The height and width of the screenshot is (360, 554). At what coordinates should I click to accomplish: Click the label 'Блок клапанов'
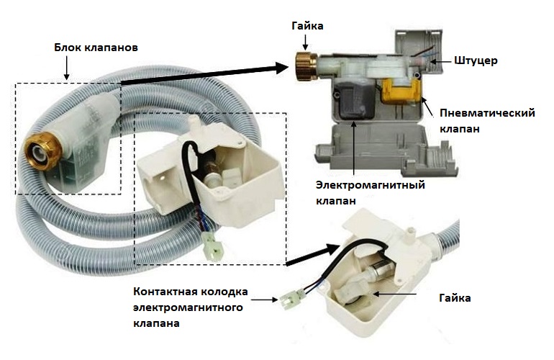point(96,47)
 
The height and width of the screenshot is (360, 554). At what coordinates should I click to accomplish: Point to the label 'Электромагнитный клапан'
point(371,193)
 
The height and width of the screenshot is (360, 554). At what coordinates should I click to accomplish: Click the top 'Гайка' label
point(308,26)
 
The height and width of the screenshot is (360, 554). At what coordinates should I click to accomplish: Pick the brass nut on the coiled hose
point(37,150)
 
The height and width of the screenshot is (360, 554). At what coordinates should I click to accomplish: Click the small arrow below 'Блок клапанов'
point(67,68)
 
